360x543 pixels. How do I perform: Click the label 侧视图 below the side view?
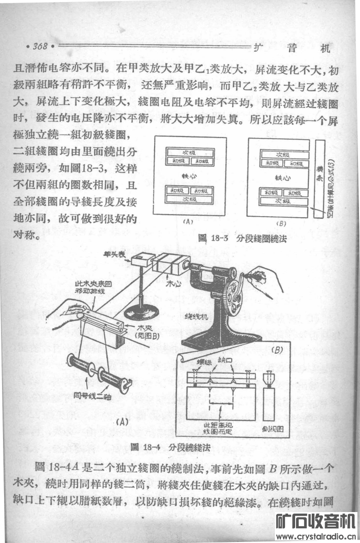click(273, 428)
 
